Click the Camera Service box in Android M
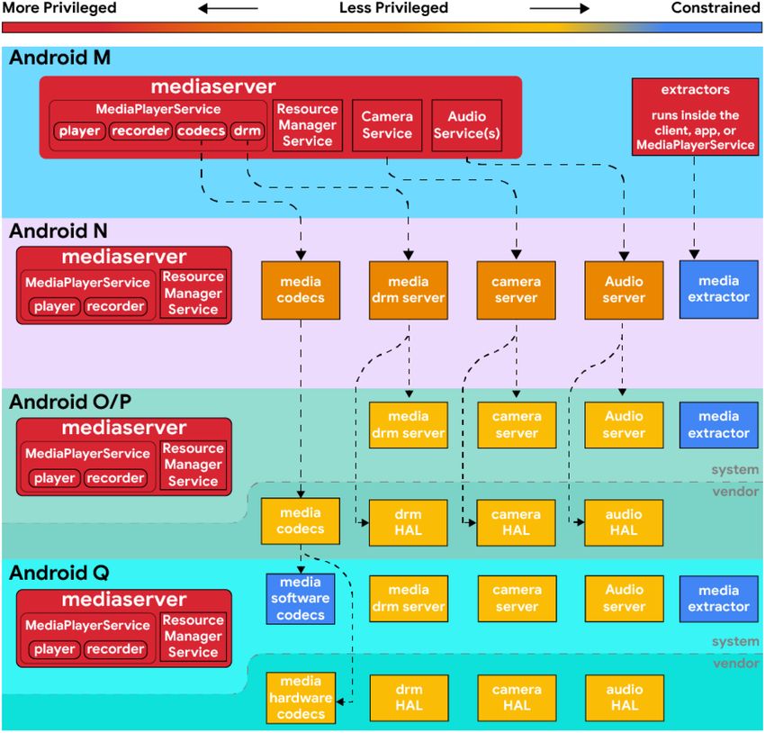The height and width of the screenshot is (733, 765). coord(387,125)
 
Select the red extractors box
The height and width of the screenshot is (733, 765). coord(695,117)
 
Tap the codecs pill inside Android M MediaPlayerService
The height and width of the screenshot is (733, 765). coord(201,131)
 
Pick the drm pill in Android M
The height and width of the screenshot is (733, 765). coord(247,131)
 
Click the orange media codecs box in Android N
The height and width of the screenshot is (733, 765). coord(301,290)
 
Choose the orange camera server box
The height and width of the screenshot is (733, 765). coord(517,290)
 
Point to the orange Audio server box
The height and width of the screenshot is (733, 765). coord(624,290)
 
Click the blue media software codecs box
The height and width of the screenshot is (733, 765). coord(301,599)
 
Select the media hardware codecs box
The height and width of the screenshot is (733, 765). coord(301,698)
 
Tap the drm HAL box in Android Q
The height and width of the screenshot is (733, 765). coord(409,698)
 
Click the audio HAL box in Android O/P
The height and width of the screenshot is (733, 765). coord(624,522)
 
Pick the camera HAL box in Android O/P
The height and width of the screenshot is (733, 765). coord(517,522)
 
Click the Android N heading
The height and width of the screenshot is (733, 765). coord(58,231)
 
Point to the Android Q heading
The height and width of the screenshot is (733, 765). coord(59,573)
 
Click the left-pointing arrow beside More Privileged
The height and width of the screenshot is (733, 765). coord(228,8)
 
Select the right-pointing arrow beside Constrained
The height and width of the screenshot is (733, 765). coord(560,8)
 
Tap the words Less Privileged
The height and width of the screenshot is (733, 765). coord(393,8)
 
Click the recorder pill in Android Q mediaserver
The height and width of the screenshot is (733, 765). coord(115,649)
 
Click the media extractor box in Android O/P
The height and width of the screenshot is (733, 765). coord(719,424)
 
